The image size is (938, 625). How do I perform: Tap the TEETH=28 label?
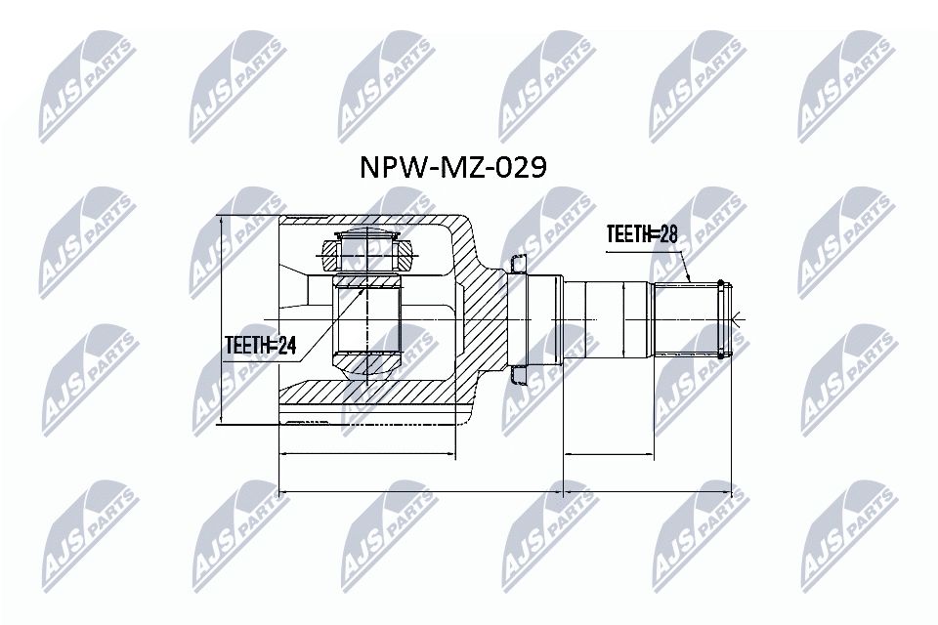tap(642, 234)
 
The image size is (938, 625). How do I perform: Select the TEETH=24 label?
tap(260, 343)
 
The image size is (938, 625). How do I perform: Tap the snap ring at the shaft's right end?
tap(721, 319)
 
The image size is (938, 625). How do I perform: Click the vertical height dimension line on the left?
tap(223, 319)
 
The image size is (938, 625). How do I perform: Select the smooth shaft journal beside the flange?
tap(606, 319)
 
